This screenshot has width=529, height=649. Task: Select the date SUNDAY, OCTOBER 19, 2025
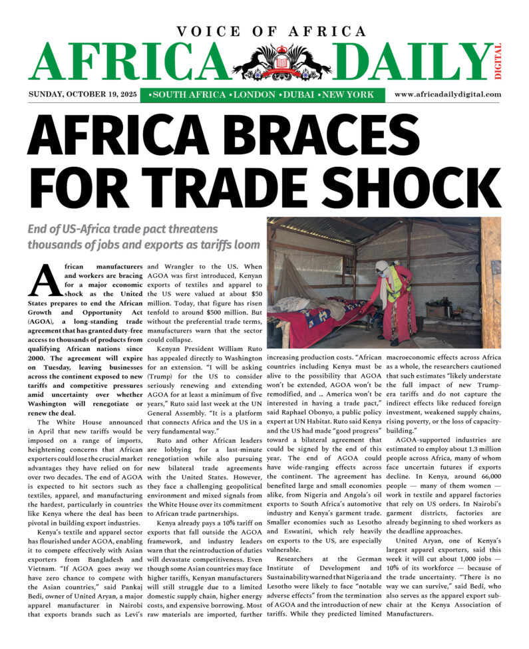[83, 95]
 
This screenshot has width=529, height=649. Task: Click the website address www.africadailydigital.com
[447, 95]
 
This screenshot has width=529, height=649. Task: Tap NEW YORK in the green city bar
[346, 95]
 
